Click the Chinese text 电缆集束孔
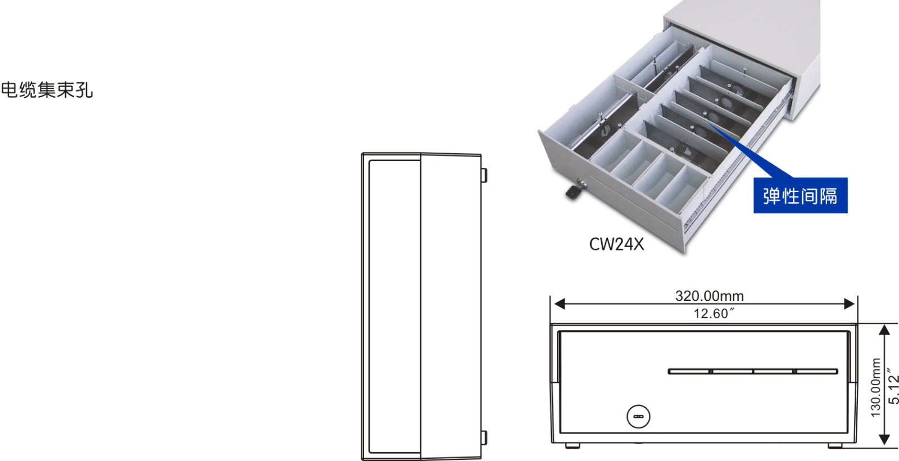(x=47, y=90)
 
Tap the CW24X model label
(x=616, y=244)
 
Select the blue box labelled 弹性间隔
(x=800, y=195)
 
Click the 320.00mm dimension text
(x=709, y=296)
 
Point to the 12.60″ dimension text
(x=714, y=313)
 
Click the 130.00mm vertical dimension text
(x=876, y=387)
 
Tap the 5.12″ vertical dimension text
(x=893, y=385)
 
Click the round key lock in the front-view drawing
(x=638, y=417)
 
